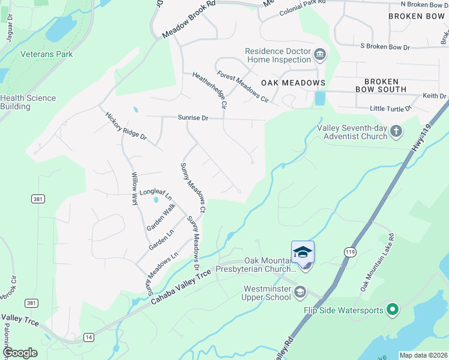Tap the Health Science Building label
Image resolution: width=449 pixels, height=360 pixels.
tap(28, 102)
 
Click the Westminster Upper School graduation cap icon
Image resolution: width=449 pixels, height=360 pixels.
tap(300, 292)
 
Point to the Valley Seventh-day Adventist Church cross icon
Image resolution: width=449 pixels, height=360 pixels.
tap(396, 131)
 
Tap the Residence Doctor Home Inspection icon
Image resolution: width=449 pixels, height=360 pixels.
tap(319, 56)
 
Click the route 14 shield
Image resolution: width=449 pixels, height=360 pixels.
tap(88, 338)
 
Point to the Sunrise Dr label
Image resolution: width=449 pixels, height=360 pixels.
tap(192, 118)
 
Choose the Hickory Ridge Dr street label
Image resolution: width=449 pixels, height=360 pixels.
tap(126, 125)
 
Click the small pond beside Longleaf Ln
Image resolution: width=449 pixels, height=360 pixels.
tap(156, 199)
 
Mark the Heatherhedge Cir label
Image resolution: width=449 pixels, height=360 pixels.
tap(209, 91)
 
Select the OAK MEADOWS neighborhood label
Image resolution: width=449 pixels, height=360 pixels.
tap(293, 83)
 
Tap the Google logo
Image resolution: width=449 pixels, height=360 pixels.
tap(20, 353)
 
